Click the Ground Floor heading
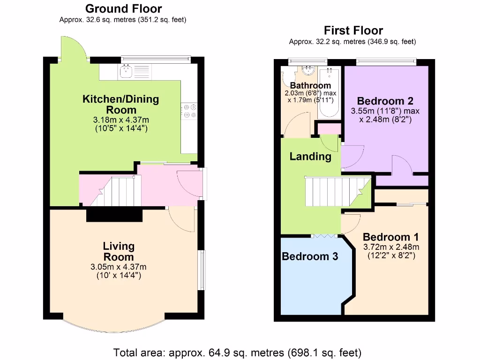(x=124, y=8)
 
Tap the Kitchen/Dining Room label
(x=121, y=105)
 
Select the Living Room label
(x=119, y=252)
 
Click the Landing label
(x=310, y=157)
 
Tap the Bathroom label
(x=310, y=86)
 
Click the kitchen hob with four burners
(x=190, y=111)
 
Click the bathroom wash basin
(x=308, y=70)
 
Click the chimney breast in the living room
(x=114, y=215)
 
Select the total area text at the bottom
(x=237, y=352)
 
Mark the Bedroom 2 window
(x=386, y=60)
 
